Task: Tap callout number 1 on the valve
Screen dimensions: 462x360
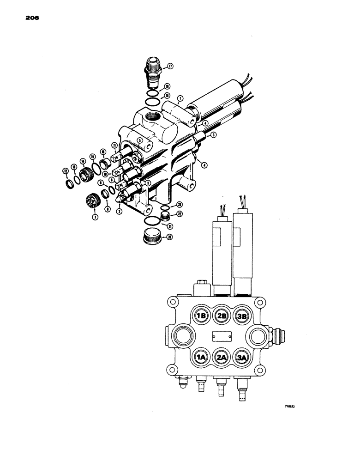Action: click(179, 98)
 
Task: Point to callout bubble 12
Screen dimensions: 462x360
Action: click(65, 171)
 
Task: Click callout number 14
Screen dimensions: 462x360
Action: click(83, 161)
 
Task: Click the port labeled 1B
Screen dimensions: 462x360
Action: click(200, 316)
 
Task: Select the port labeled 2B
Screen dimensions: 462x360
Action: click(222, 316)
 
